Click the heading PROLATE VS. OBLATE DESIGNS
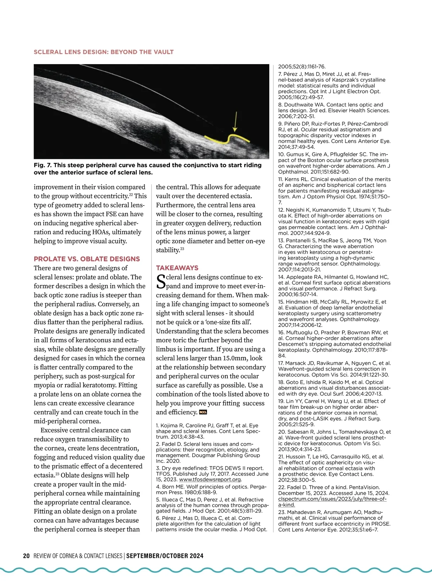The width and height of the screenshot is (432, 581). click(87, 259)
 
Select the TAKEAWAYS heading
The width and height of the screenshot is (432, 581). click(177, 268)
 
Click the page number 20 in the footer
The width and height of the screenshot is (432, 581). click(26, 556)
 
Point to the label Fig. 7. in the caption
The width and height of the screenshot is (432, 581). click(42, 165)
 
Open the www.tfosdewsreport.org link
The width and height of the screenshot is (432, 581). click(210, 480)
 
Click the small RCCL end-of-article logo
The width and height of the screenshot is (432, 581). click(203, 412)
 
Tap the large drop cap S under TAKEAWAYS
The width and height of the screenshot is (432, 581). click(161, 282)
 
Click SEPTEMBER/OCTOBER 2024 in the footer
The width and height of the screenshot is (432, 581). click(165, 556)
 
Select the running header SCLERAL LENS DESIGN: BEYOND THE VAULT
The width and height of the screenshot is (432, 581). click(104, 52)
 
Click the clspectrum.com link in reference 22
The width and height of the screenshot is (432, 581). click(332, 499)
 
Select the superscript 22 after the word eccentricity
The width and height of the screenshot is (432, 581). click(131, 195)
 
